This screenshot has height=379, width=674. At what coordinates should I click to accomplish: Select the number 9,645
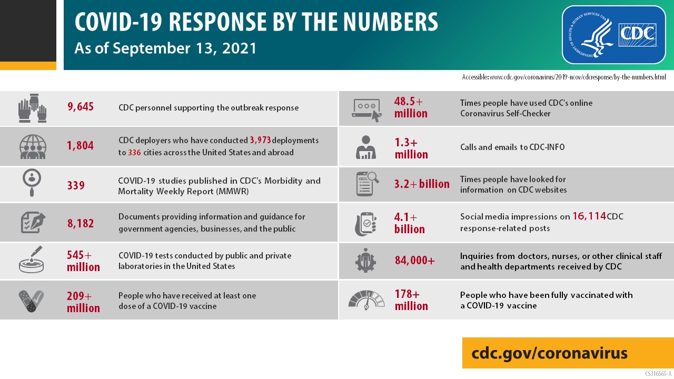(x=81, y=107)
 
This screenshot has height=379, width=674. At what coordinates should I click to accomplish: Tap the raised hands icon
(x=33, y=108)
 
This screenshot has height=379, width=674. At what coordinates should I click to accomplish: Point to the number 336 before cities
(x=134, y=153)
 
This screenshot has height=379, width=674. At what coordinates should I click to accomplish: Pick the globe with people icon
(x=33, y=147)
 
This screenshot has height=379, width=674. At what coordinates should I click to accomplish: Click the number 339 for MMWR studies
(x=75, y=185)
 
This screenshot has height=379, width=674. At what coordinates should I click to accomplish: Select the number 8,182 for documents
(x=81, y=223)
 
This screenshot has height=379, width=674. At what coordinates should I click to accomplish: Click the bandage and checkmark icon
(x=31, y=301)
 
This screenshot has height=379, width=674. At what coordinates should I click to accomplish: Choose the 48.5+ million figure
(x=411, y=107)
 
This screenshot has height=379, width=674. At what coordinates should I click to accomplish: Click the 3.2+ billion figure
(x=422, y=184)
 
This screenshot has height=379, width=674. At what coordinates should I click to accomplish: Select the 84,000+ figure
(x=414, y=260)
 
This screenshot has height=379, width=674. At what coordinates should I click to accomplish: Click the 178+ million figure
(x=411, y=300)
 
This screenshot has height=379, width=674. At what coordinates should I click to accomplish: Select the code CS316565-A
(x=658, y=374)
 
